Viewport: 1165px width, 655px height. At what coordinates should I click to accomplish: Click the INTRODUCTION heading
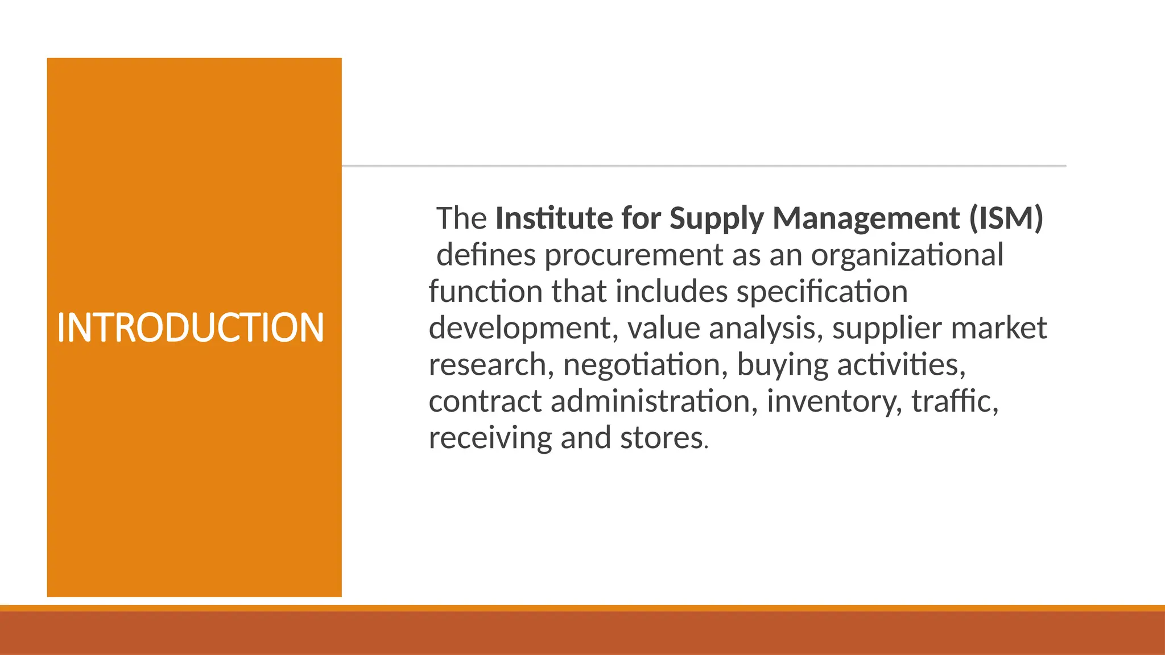tap(191, 328)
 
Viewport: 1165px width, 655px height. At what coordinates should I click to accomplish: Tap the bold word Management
tap(866, 219)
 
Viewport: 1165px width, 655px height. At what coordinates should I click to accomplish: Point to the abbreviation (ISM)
tap(1006, 219)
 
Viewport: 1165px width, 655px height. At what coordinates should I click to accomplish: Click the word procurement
tap(634, 256)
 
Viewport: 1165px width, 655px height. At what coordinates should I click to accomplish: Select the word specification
tap(822, 292)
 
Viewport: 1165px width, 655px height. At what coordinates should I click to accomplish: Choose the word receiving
tap(490, 438)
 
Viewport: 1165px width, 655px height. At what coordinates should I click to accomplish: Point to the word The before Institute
tap(461, 219)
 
